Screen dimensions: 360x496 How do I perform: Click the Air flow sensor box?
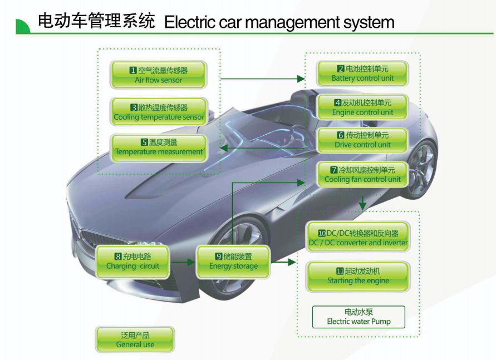159,75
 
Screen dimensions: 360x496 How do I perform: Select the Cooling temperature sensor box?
159,112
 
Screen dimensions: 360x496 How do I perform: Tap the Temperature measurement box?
159,147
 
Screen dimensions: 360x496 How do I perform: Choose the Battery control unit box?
362,73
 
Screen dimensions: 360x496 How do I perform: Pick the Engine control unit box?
362,107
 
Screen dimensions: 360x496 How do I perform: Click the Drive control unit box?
362,140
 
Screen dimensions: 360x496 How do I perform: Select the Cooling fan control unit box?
362,175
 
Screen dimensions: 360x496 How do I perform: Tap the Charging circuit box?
132,262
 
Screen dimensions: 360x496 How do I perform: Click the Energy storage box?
233,262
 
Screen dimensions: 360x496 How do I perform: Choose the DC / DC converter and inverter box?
358,238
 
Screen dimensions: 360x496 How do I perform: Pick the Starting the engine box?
358,276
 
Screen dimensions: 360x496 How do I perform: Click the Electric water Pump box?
358,317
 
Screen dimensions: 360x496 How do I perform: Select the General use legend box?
135,339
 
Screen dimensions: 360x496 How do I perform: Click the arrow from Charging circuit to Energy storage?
183,262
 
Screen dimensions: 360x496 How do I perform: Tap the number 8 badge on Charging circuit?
118,257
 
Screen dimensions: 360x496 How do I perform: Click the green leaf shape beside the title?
23,26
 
